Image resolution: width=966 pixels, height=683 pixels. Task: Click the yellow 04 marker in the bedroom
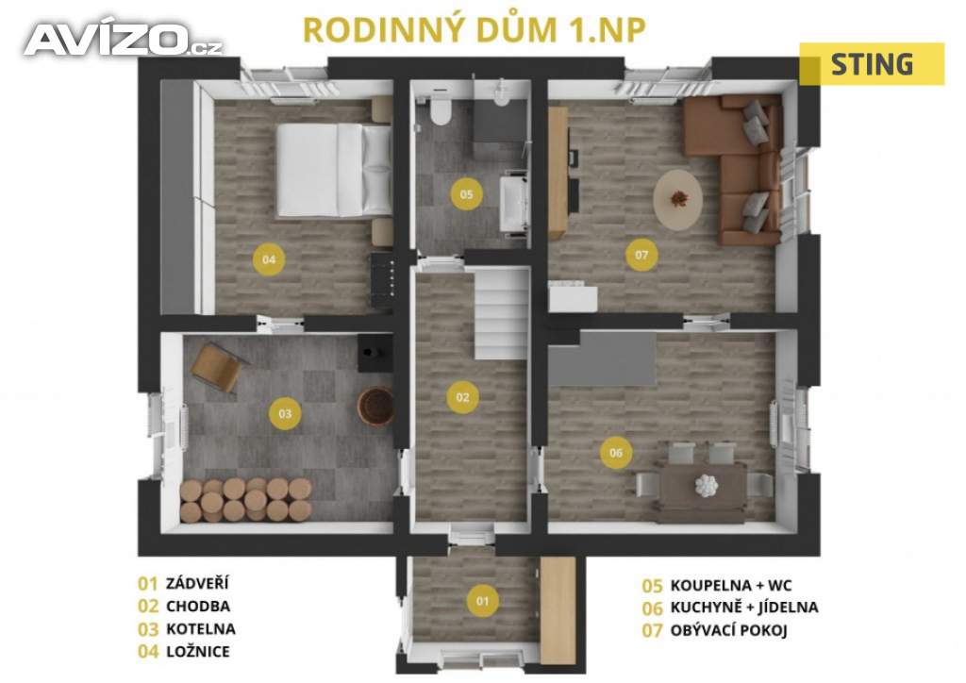click(x=269, y=259)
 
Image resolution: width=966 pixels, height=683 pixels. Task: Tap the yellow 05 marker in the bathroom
click(x=466, y=194)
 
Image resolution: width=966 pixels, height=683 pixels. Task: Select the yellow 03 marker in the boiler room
click(x=285, y=413)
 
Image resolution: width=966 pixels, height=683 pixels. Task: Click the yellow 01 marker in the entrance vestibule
click(x=482, y=601)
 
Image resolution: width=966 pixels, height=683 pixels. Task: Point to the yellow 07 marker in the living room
click(x=641, y=255)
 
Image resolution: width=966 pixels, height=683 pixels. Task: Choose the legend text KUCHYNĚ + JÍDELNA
click(x=744, y=608)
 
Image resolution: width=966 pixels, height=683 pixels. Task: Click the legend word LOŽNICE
click(x=198, y=652)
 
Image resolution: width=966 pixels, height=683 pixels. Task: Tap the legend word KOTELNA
click(x=201, y=629)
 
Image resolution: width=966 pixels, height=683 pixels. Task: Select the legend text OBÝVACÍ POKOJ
click(x=729, y=630)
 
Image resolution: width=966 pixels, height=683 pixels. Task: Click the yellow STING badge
click(x=872, y=64)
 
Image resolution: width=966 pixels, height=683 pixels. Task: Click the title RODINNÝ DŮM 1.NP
click(x=475, y=30)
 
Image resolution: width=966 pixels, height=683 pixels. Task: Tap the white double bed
click(x=334, y=171)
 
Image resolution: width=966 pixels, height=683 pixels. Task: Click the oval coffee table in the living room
click(x=678, y=199)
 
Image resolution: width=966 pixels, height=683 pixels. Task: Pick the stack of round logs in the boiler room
click(x=246, y=499)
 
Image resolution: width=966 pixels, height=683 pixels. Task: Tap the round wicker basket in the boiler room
click(x=375, y=406)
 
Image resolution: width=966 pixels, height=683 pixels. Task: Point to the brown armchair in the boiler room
click(x=218, y=367)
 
